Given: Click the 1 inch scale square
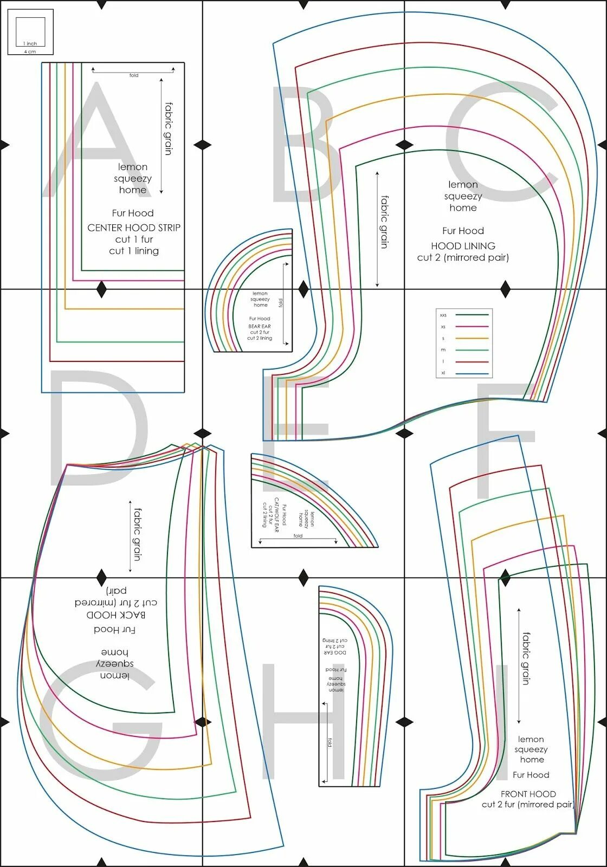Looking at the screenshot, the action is point(30,31).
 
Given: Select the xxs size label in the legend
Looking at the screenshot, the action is point(443,315).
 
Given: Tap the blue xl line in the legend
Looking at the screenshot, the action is point(472,374).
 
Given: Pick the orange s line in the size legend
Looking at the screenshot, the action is point(472,338).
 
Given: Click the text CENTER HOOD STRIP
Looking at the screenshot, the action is point(134,228).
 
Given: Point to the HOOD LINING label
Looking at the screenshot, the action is point(463,245).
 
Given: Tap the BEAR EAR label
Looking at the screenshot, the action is point(260,326).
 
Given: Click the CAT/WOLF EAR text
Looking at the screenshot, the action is point(276,515).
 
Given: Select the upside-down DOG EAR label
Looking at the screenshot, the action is point(335,652).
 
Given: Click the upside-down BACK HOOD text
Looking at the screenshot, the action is point(115,615).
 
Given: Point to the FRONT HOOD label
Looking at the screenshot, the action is point(528,794).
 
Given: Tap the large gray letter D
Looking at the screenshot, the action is point(98,428).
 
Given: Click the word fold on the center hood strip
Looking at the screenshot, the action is point(134,75).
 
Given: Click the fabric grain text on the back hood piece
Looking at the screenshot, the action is point(138,534).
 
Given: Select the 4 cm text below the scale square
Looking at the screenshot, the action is point(30,51).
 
